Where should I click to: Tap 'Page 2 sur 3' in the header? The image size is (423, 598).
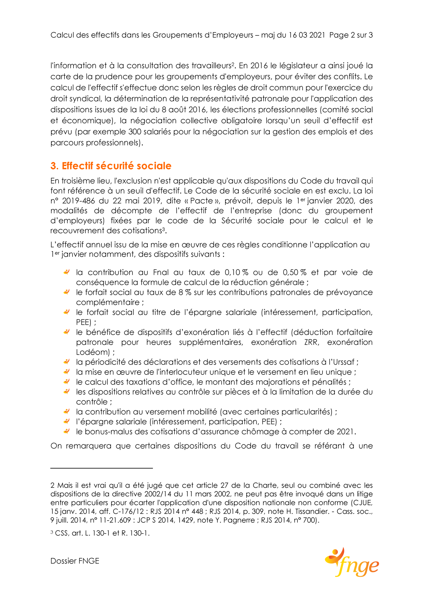(x=351, y=35)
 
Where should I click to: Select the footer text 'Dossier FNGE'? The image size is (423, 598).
(x=75, y=561)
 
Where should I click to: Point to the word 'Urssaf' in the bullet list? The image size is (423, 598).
(x=346, y=362)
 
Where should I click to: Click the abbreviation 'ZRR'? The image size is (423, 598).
(x=312, y=342)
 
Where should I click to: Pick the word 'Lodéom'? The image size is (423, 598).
(x=92, y=352)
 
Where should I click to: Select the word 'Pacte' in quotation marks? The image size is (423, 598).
(x=202, y=201)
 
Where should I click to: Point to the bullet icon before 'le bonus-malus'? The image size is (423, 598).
(x=66, y=431)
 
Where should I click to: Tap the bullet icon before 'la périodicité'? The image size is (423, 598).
(x=66, y=362)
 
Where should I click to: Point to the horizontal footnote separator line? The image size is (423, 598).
(x=102, y=468)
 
